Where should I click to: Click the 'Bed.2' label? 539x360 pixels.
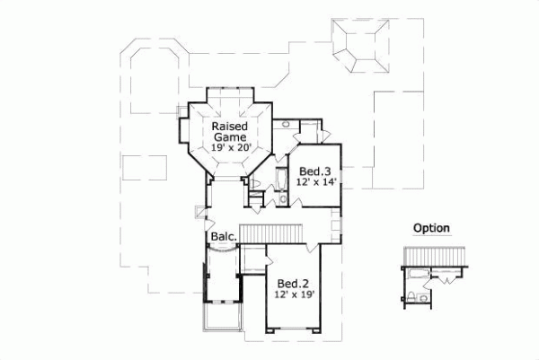point(292,281)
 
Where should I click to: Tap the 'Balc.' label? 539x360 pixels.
point(224,237)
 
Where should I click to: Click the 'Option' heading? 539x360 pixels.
point(431,228)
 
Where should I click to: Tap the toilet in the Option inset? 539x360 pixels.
point(411,295)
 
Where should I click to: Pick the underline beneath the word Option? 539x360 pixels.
point(431,236)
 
